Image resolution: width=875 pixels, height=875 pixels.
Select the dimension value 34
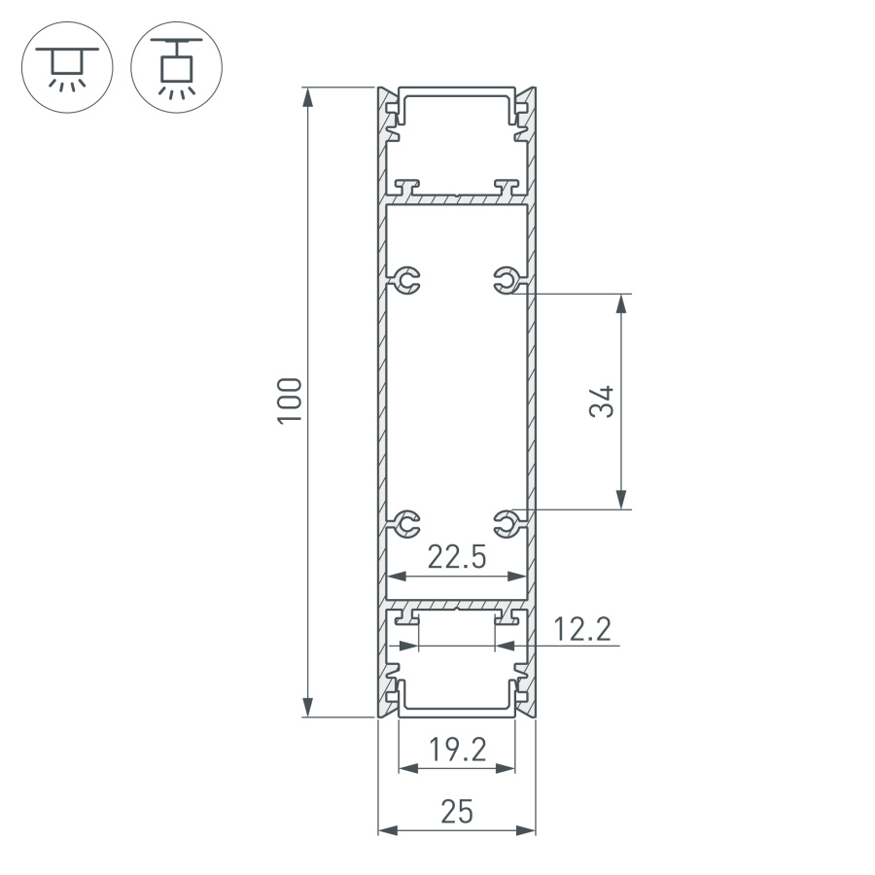[x=603, y=401]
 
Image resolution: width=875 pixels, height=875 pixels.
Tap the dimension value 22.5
[x=457, y=557]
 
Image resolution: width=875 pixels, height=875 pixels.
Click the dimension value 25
[x=457, y=812]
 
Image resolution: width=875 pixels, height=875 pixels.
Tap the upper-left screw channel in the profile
[x=408, y=281]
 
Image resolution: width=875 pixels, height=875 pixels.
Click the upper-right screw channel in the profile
[x=505, y=281]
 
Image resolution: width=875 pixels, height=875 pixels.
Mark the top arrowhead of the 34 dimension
[x=621, y=302]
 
